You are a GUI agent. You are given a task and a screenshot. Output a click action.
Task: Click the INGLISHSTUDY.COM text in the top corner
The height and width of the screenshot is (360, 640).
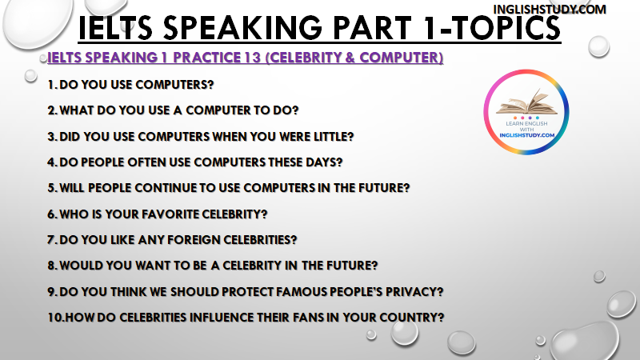(x=550, y=9)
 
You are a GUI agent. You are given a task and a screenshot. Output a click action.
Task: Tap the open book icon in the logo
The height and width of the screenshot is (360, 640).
(x=526, y=102)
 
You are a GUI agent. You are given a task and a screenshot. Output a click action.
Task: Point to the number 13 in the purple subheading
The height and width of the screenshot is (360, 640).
(x=253, y=58)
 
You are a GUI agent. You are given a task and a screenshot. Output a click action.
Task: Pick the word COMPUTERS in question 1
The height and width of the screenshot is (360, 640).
(x=174, y=85)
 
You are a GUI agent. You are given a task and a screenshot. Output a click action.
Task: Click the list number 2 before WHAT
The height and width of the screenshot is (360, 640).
(x=52, y=110)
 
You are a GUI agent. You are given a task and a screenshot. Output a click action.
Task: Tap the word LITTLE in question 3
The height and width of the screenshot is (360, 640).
(x=334, y=136)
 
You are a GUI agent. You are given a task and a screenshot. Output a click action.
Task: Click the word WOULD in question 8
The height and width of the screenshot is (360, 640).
(x=82, y=266)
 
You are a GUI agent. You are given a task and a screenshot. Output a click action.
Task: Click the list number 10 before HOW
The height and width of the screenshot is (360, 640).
(x=55, y=317)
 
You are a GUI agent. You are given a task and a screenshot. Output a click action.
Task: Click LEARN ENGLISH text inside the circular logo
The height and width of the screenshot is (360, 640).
(x=526, y=123)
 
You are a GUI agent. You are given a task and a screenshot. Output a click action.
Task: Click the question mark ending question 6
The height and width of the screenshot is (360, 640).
(x=264, y=214)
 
